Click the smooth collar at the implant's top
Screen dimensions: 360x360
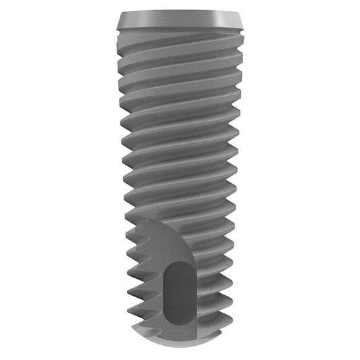180,20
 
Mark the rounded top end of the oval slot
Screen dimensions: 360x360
179,265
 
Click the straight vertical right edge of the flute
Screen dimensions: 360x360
197,284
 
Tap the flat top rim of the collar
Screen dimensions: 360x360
180,13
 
